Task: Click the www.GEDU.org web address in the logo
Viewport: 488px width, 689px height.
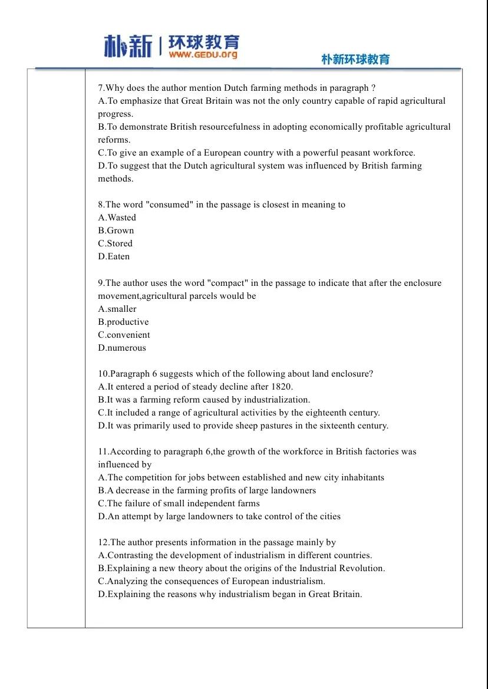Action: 203,54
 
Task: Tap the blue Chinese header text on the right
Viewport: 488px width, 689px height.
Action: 355,60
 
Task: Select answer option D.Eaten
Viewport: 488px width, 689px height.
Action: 114,256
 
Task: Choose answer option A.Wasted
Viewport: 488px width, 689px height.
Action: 117,217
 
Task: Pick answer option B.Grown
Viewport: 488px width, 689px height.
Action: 116,230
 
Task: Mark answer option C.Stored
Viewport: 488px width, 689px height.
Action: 116,243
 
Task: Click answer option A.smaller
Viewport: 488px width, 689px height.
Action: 117,309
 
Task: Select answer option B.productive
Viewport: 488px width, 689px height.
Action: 123,322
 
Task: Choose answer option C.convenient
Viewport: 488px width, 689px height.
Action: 124,335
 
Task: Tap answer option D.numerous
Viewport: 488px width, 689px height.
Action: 122,348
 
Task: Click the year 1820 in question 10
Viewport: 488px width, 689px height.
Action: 281,387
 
